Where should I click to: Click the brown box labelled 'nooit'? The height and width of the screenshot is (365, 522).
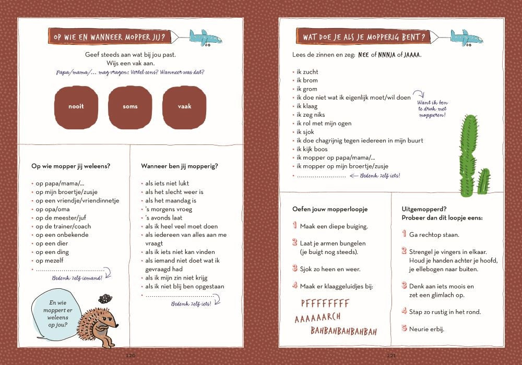(76, 107)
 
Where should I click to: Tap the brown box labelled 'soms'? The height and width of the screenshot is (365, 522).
(130, 107)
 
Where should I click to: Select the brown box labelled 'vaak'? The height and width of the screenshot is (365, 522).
(184, 107)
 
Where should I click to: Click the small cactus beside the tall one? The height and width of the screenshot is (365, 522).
(484, 181)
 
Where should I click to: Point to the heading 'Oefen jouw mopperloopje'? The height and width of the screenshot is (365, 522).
(330, 209)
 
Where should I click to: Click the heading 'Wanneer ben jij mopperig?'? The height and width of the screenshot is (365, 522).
(179, 166)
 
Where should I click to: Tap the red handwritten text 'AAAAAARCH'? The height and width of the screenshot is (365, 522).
(317, 318)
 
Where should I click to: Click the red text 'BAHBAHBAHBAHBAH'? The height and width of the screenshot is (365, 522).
(343, 331)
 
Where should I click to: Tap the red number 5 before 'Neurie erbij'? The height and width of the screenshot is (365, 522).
(404, 328)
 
